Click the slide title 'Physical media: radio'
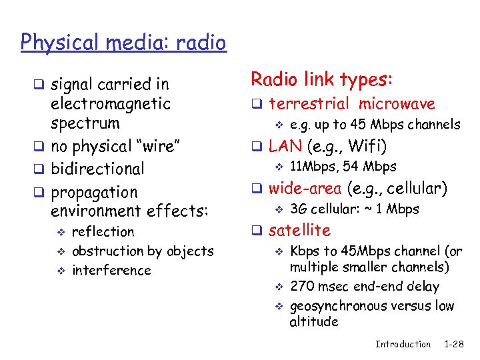tap(123, 43)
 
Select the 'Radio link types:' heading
tap(321, 79)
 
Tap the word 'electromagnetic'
tap(111, 104)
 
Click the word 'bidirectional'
tap(97, 169)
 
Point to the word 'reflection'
tap(103, 232)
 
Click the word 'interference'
tap(111, 271)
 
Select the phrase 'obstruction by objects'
tap(143, 251)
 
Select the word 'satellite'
tap(299, 231)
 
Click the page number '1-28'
tap(454, 344)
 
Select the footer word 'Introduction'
tap(403, 344)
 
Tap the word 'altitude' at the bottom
tap(313, 322)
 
